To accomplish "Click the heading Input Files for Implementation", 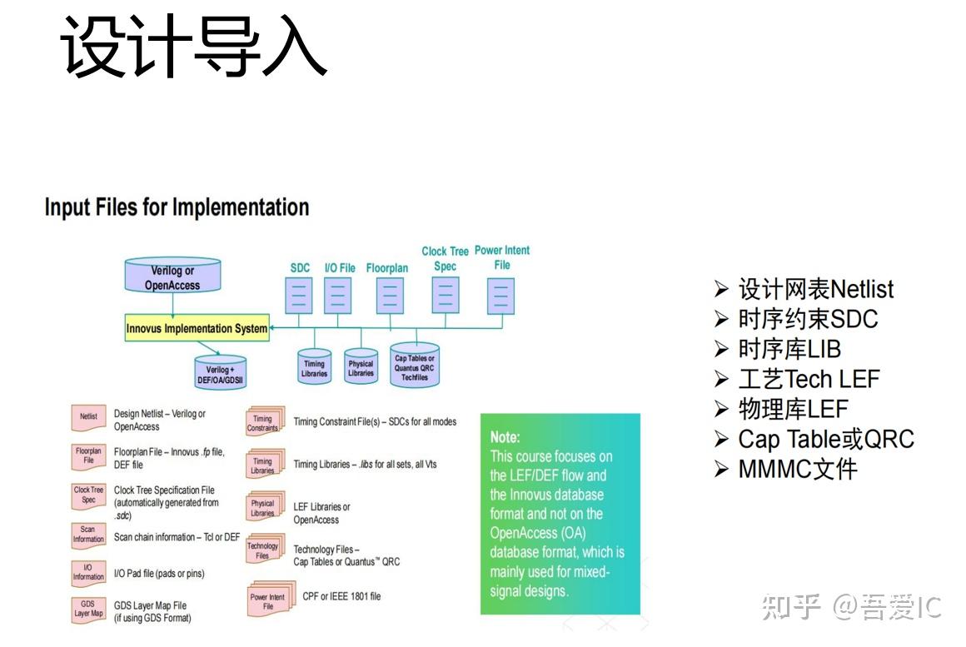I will (177, 207).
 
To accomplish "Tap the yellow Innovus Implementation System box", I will (197, 328).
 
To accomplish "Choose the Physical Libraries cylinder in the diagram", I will (361, 367).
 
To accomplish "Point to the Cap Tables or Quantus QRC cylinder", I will (415, 366).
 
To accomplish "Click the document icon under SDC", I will (299, 295).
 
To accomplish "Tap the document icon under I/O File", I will (338, 295).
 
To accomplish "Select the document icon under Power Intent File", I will (500, 295).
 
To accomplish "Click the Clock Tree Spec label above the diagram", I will (445, 258).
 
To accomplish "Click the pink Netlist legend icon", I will (88, 417).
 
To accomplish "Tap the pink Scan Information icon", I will (88, 535).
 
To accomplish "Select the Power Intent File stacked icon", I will (267, 601).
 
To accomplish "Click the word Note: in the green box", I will (505, 436).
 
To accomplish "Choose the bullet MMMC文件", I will (797, 469).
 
